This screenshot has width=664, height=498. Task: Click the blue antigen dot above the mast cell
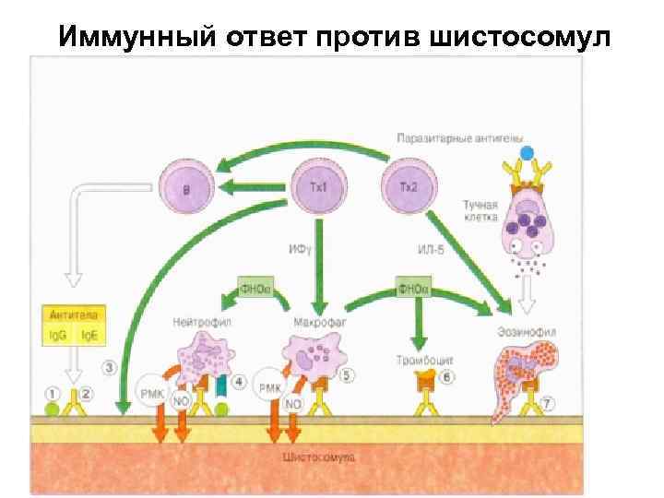[x=527, y=152]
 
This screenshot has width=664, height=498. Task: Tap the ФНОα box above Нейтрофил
[x=255, y=289]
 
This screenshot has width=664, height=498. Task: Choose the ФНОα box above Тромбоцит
[x=411, y=289]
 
